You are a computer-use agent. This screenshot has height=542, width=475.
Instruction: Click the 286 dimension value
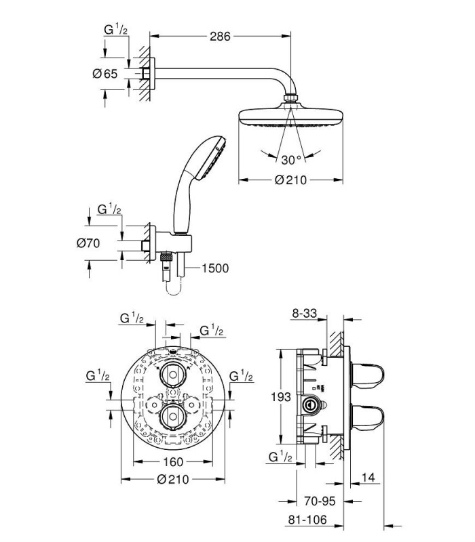[220, 36]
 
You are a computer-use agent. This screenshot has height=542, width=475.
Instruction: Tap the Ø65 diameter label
[105, 74]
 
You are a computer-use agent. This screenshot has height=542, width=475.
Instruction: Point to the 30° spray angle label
[291, 160]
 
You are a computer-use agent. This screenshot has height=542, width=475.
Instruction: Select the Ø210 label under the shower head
[290, 180]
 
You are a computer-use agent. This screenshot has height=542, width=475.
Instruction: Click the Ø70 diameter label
[88, 243]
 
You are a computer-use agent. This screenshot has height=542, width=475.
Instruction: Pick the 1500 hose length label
[215, 268]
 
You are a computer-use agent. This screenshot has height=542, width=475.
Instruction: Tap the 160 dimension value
[173, 461]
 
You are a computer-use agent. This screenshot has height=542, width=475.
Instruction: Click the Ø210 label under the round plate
[173, 479]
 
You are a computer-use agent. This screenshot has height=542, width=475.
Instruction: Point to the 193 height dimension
[281, 397]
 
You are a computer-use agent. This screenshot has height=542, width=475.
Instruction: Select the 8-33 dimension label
[305, 313]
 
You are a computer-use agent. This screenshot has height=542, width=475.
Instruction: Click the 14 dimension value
[368, 478]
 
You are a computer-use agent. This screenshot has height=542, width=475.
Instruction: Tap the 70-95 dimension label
[320, 501]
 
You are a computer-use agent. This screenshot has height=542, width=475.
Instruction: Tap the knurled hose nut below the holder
[166, 257]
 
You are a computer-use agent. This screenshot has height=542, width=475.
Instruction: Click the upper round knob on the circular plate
[173, 375]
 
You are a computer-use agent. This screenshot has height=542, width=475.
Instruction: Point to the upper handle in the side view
[367, 375]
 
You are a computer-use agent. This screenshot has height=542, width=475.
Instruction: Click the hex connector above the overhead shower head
[290, 98]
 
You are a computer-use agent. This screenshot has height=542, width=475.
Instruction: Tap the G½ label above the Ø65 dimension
[115, 30]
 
